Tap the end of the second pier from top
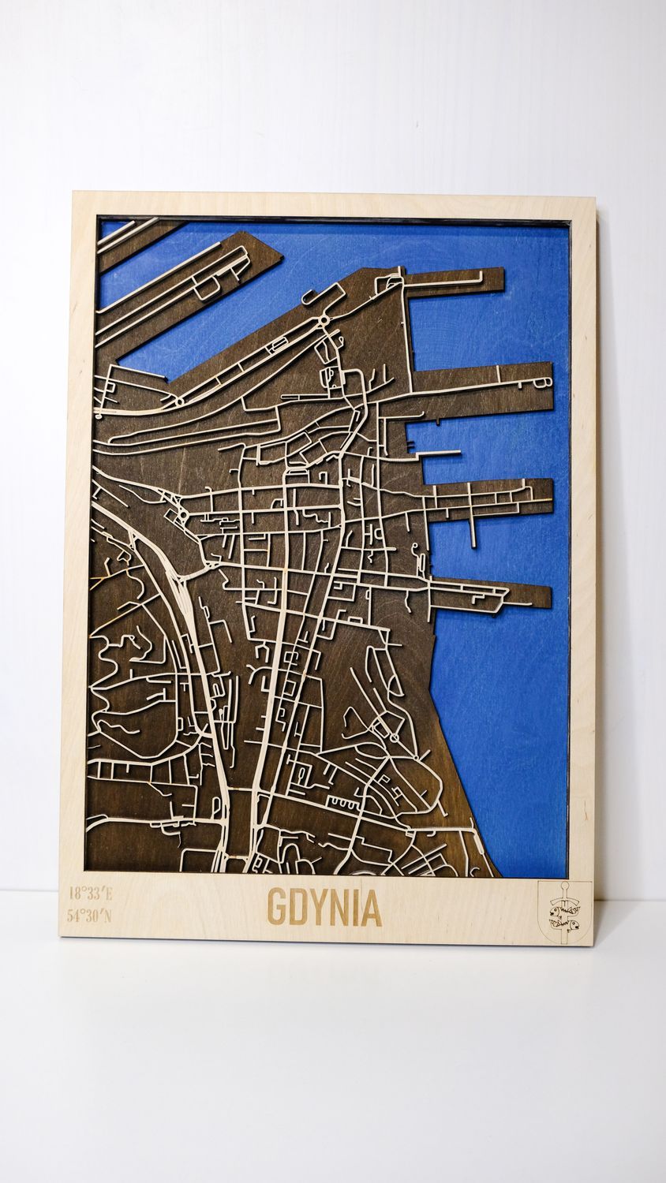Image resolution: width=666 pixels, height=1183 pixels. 547,386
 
